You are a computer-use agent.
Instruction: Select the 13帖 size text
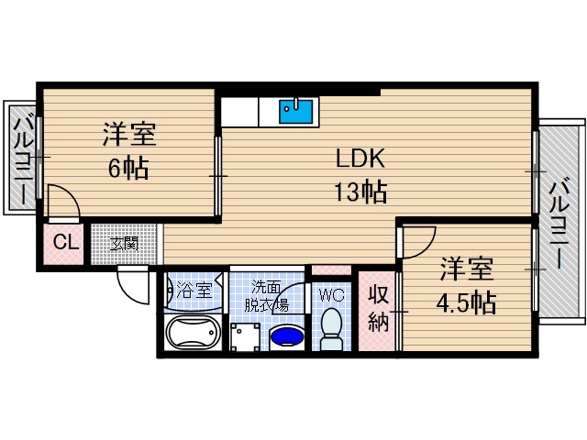pyautogui.click(x=360, y=192)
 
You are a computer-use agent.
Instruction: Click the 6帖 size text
pyautogui.click(x=127, y=169)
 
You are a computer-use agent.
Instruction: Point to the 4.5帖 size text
pyautogui.click(x=467, y=302)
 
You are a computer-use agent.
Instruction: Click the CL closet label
pyautogui.click(x=64, y=244)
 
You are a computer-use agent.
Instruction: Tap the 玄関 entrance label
pyautogui.click(x=125, y=244)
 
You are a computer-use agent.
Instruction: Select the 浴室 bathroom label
pyautogui.click(x=194, y=291)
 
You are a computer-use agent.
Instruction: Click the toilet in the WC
pyautogui.click(x=330, y=328)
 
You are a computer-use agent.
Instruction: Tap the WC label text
pyautogui.click(x=330, y=294)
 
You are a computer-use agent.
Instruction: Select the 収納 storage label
pyautogui.click(x=378, y=309)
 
